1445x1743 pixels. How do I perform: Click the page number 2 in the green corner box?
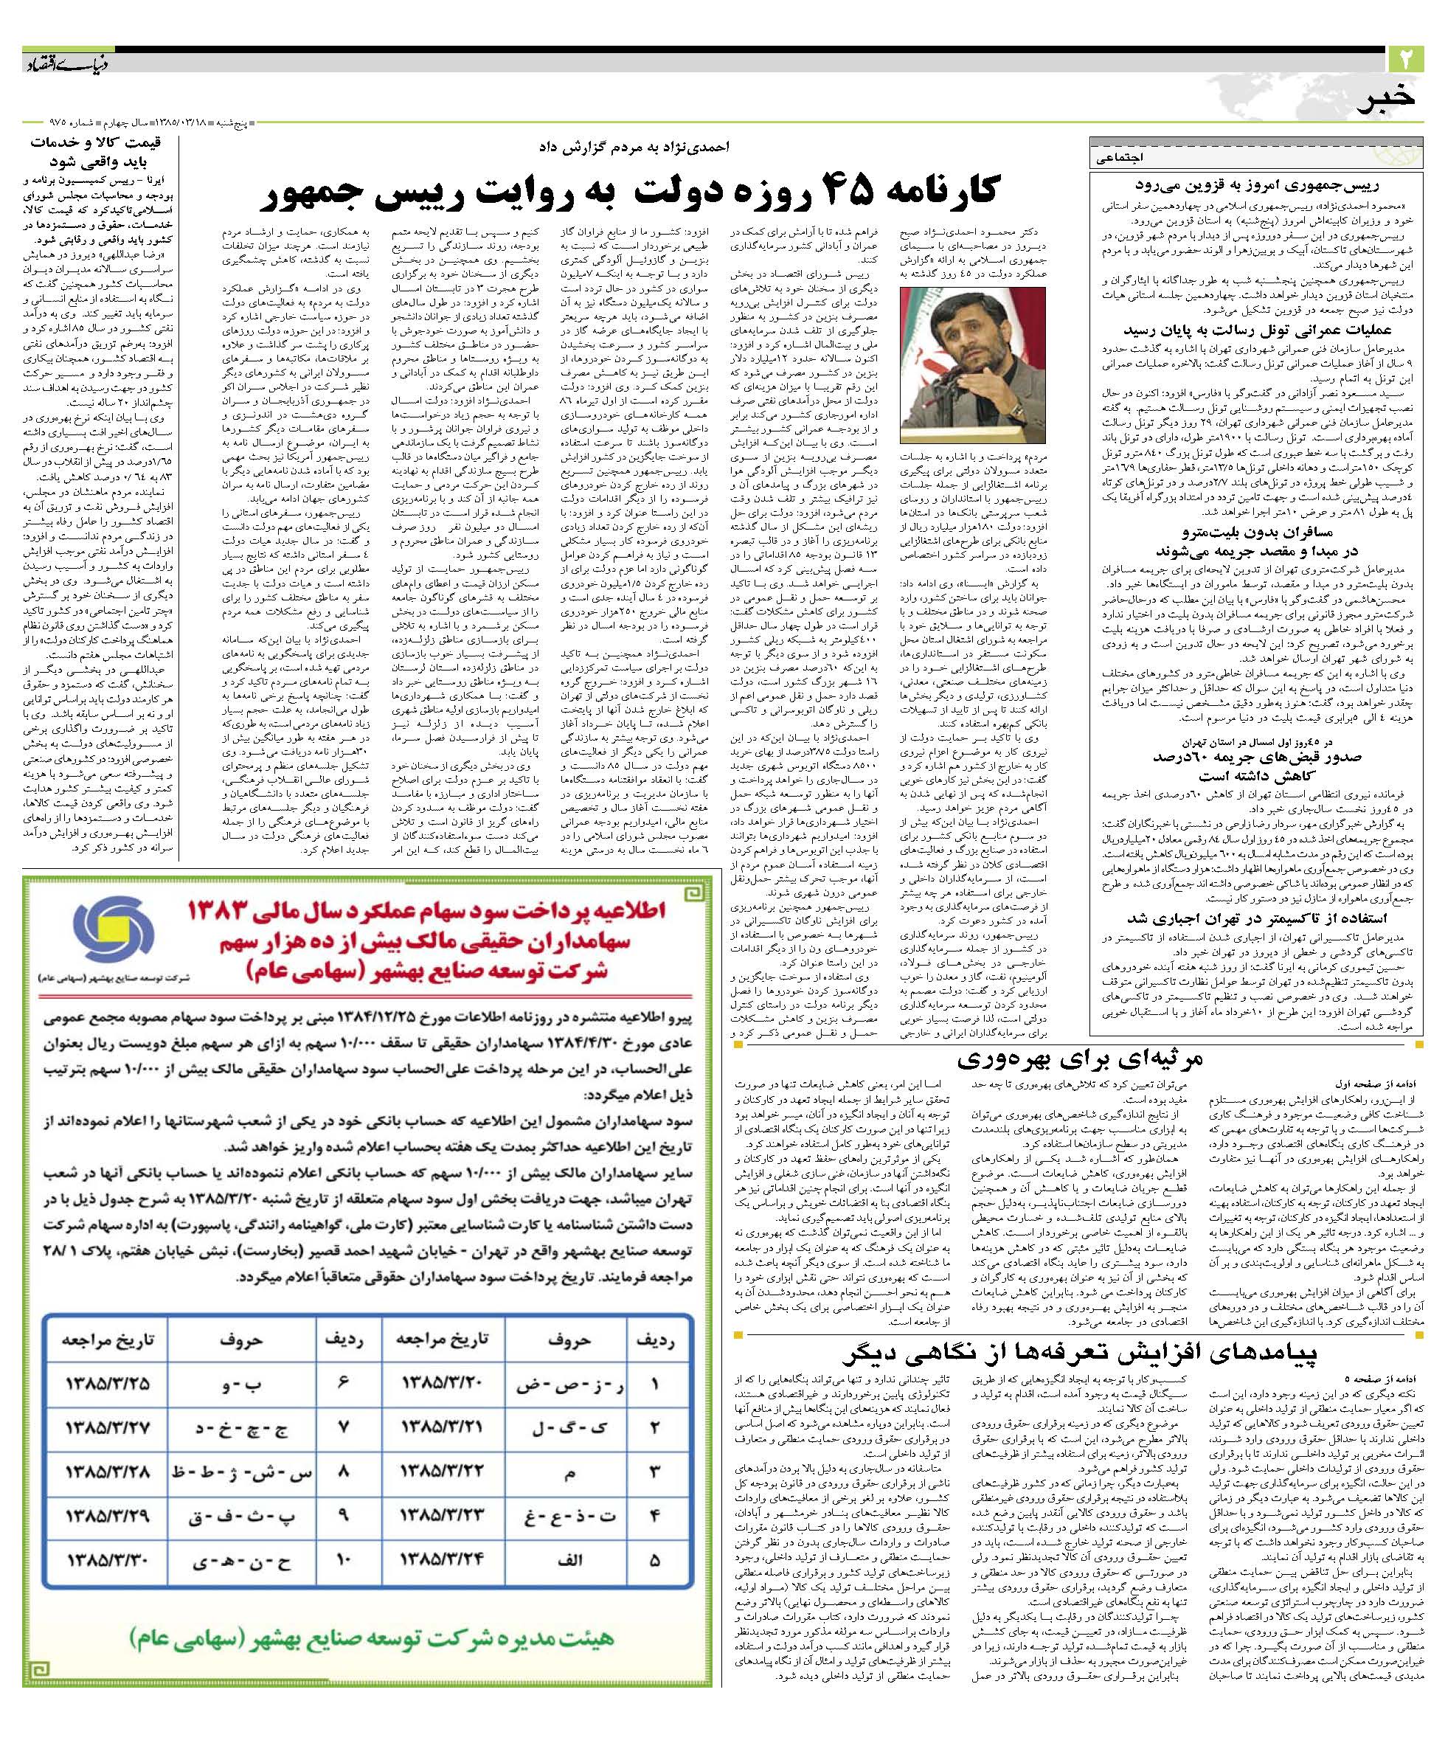click(x=1405, y=59)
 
